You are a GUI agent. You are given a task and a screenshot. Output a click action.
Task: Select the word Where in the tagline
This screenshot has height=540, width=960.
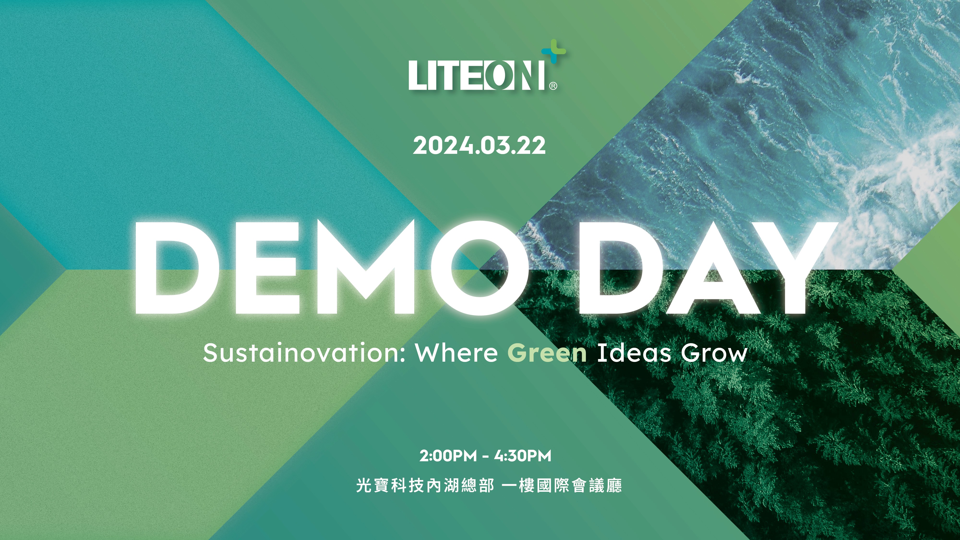[x=456, y=353]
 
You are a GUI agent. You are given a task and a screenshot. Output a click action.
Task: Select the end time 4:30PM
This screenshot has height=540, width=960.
[x=522, y=456]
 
